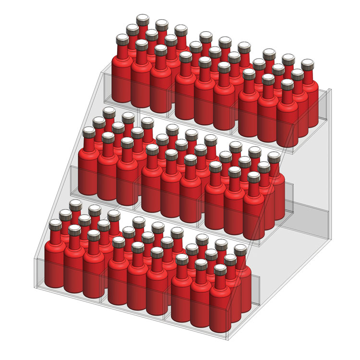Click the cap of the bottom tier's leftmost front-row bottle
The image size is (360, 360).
click(x=55, y=224)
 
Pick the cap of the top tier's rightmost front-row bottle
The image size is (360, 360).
click(x=287, y=84)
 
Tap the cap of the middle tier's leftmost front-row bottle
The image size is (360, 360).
click(x=89, y=131)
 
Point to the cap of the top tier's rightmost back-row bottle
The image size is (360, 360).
click(x=307, y=63)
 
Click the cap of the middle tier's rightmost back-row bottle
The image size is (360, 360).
click(x=274, y=156)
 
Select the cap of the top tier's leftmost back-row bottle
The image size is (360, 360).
click(x=142, y=19)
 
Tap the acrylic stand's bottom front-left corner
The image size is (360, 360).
click(x=35, y=287)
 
